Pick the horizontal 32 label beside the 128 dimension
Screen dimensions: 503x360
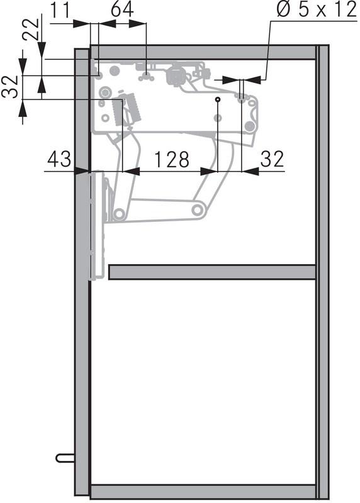pos(272,160)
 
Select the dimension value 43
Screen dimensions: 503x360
pos(60,160)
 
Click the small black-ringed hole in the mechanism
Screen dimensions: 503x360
pos(218,99)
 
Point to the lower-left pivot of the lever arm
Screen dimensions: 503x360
pos(118,214)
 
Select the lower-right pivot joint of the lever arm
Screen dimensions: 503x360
pos(200,209)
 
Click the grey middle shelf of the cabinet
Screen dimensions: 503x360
pos(211,272)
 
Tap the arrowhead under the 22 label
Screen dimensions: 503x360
pos(41,55)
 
